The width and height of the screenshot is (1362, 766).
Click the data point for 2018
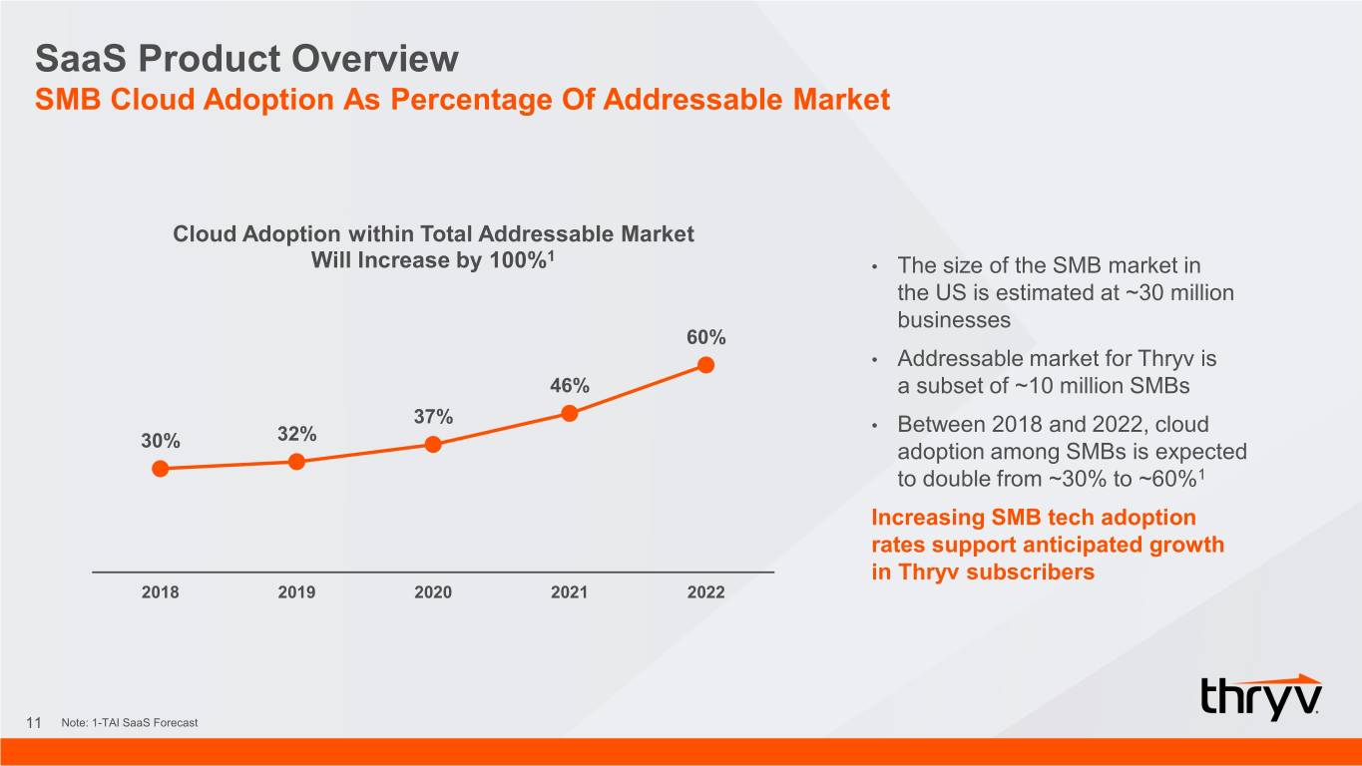click(x=160, y=469)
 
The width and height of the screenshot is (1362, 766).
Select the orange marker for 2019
click(x=296, y=462)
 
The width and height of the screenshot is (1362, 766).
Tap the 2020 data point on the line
click(x=433, y=445)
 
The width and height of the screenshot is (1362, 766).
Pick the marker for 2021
click(x=569, y=413)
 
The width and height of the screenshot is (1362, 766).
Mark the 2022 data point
click(x=705, y=365)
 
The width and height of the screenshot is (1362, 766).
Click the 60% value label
click(x=705, y=337)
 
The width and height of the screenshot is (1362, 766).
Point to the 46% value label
click(x=570, y=385)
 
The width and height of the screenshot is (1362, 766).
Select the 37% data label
click(x=433, y=417)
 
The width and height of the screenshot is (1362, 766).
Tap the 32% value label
click(x=296, y=434)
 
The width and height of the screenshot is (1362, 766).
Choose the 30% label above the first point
click(x=161, y=441)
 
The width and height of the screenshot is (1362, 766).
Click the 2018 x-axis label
click(x=160, y=592)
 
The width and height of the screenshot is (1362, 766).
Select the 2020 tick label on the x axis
click(x=433, y=592)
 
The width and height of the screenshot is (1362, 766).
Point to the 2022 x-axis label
click(x=705, y=592)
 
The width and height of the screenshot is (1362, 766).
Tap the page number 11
click(x=34, y=722)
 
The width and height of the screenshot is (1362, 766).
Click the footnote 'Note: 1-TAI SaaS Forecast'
click(x=130, y=723)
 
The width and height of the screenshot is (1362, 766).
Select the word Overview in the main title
click(x=374, y=59)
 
